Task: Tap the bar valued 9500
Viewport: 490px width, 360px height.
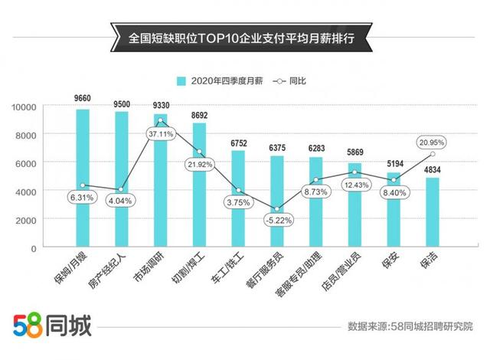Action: click(122, 179)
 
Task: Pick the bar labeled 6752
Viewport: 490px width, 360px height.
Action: click(238, 198)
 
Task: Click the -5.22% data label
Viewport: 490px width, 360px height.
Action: click(277, 221)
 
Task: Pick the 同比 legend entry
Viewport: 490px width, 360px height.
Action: click(296, 80)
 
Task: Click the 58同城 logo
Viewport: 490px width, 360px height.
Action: click(52, 326)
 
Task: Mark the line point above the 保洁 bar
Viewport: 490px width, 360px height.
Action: click(433, 154)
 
